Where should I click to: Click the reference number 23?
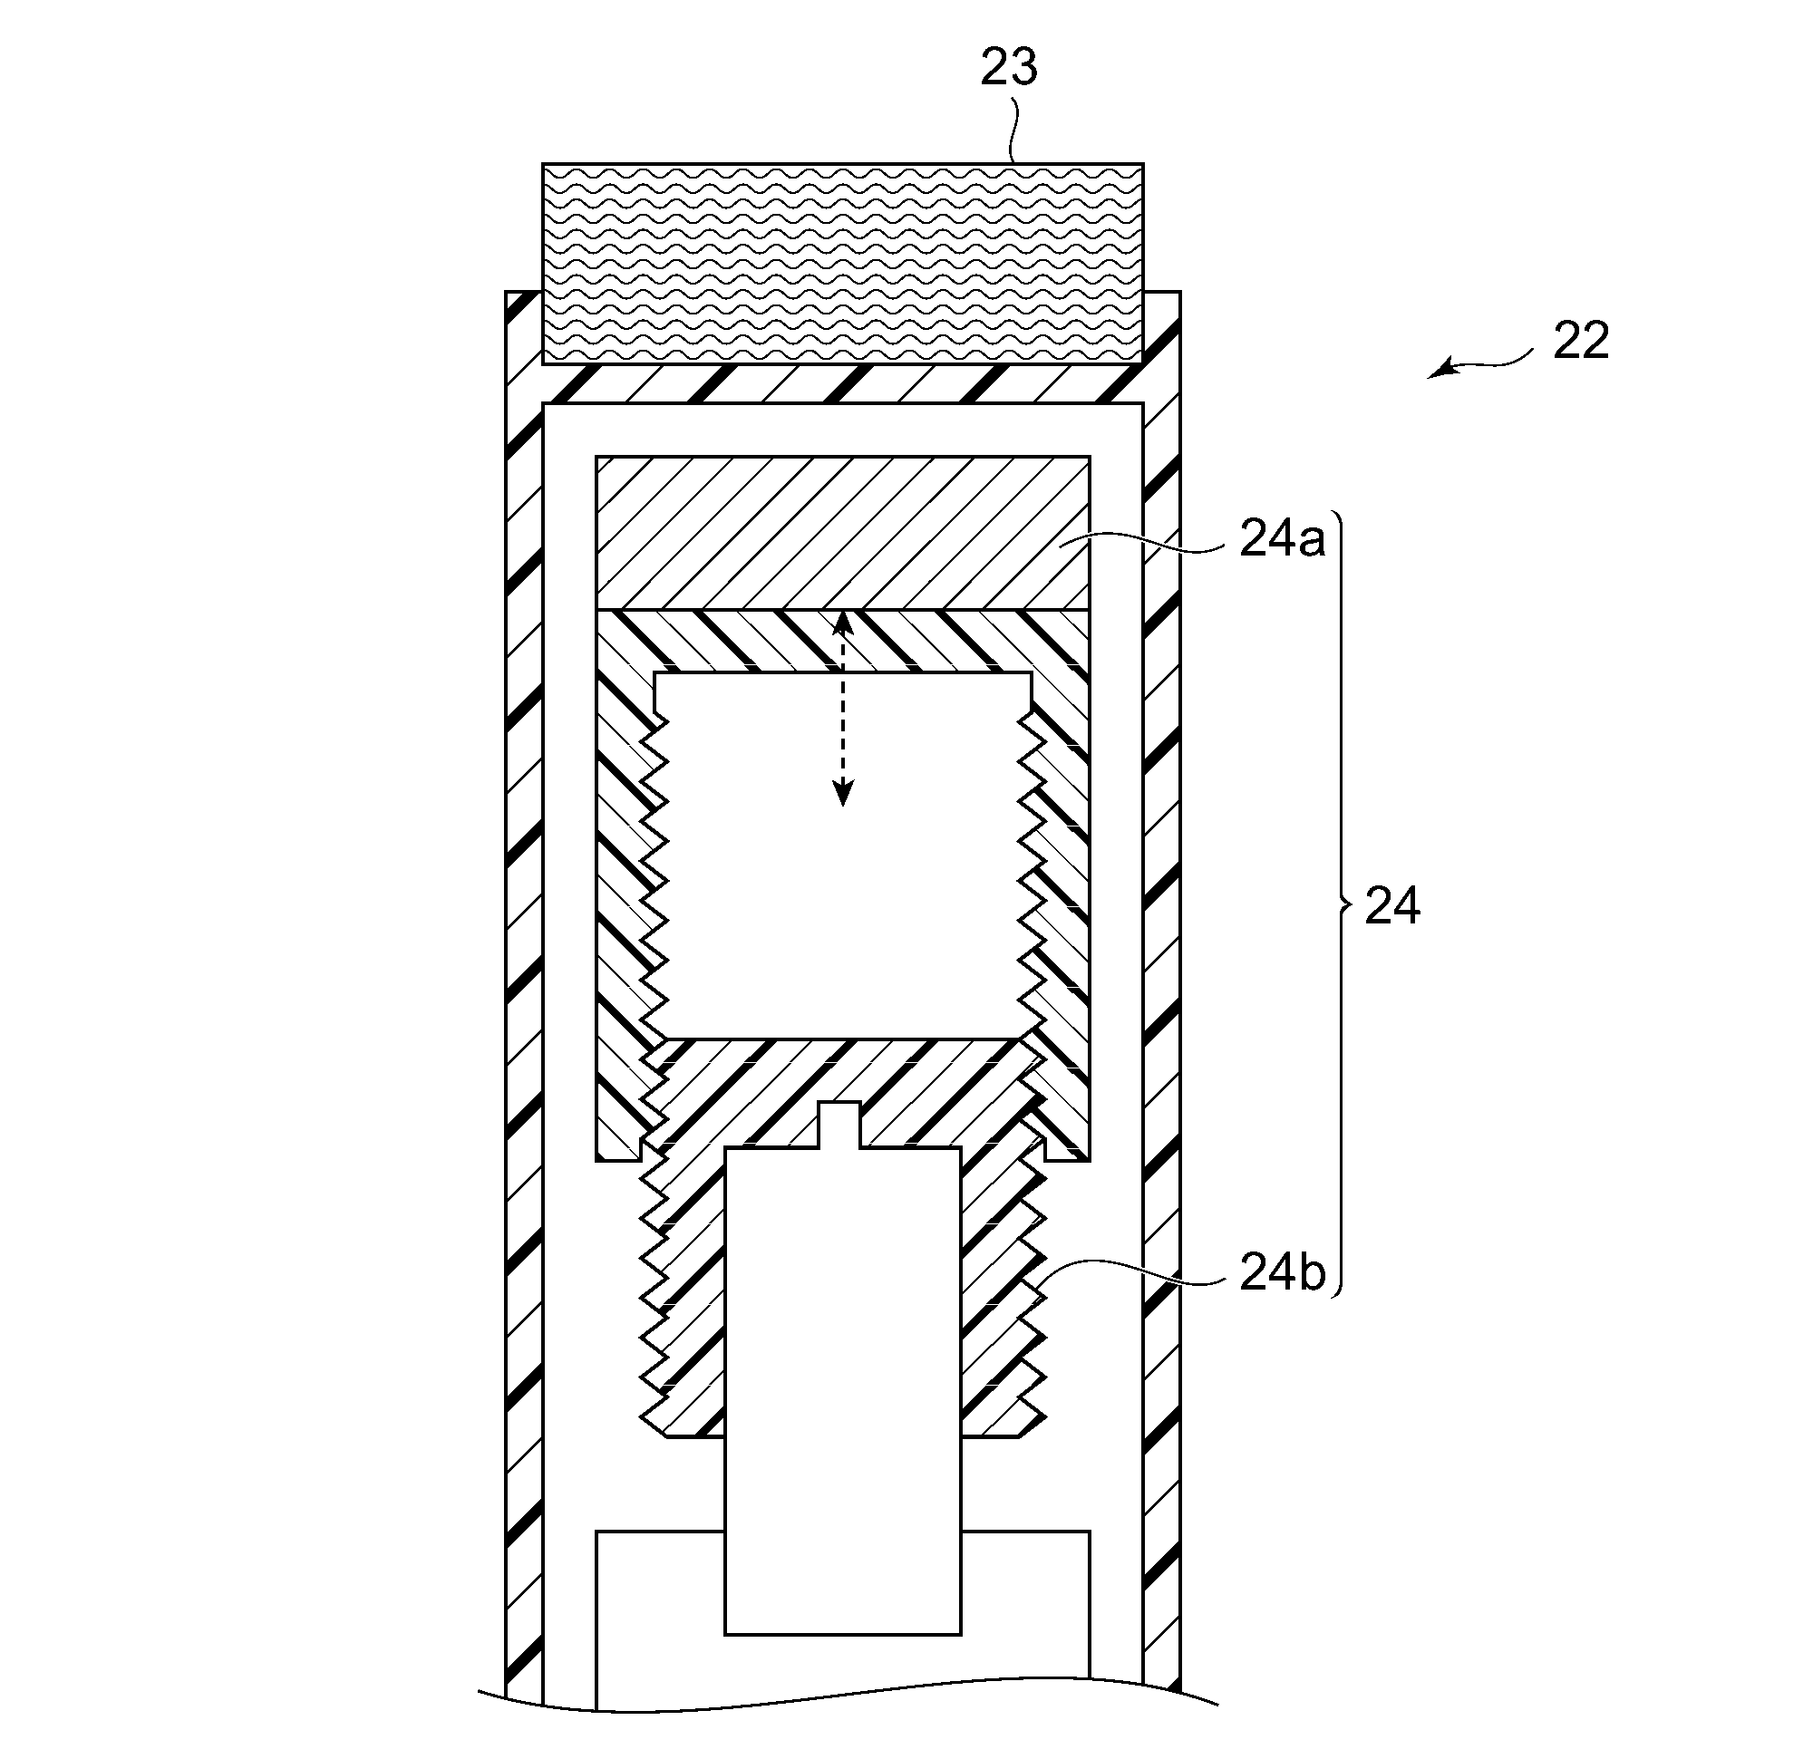pos(1009,67)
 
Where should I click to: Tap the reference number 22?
pos(1581,342)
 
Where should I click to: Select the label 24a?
pos(1282,539)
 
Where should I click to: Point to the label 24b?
pos(1282,1273)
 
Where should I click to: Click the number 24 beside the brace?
pos(1392,906)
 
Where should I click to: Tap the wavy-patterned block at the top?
pos(842,264)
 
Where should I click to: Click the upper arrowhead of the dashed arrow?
pos(842,623)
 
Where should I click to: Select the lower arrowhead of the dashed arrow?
pos(842,793)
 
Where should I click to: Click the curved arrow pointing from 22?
pos(1480,363)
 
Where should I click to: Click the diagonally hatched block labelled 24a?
pos(843,533)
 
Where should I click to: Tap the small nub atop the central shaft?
pos(841,1126)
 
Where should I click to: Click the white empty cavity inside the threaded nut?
pos(842,855)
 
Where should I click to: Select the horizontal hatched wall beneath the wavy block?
pos(842,384)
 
